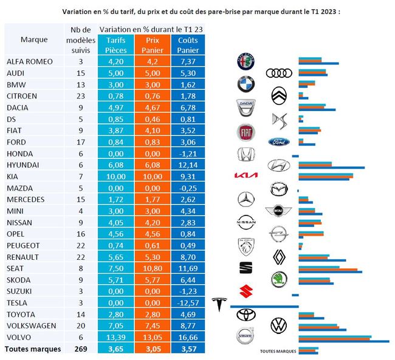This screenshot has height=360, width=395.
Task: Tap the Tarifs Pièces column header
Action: [x=115, y=44]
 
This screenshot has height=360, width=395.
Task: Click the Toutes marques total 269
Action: [x=81, y=349]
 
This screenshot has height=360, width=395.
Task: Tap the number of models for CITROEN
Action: [x=81, y=95]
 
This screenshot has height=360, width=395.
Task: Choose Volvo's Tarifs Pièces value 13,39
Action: [x=115, y=338]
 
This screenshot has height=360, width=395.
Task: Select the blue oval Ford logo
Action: [x=279, y=142]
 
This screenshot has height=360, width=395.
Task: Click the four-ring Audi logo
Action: [x=279, y=73]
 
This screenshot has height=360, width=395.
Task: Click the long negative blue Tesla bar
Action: [x=255, y=306]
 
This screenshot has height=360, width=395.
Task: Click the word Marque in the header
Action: [x=34, y=39]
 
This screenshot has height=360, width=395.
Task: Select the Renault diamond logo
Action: [x=278, y=256]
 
